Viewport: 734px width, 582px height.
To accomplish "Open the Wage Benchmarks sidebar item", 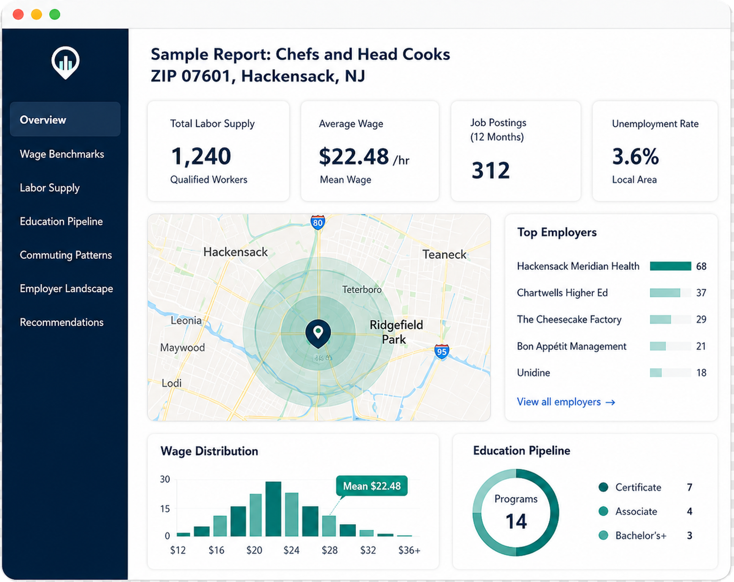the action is (62, 154).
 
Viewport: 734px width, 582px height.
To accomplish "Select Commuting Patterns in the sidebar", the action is (66, 255).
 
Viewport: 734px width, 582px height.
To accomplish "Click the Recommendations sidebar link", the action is (62, 322).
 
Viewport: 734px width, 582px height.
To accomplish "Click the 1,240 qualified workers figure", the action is (201, 156).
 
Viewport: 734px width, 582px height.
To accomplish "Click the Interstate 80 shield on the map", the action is (317, 222).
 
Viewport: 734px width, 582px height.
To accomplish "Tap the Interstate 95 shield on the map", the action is (442, 351).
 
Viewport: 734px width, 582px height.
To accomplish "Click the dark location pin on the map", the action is (318, 333).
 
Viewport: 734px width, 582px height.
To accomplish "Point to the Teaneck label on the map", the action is (445, 255).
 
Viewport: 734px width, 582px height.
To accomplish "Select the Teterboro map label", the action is (362, 289).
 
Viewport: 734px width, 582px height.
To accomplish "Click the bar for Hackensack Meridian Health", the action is (671, 266).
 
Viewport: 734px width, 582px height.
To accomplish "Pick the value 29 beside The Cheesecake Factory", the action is (701, 320).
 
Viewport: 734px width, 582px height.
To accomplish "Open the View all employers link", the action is (566, 402).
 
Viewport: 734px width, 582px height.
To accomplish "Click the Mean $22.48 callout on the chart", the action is (372, 486).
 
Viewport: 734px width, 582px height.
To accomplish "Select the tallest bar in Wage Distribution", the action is (273, 509).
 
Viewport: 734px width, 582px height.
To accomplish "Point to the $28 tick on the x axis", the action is (330, 550).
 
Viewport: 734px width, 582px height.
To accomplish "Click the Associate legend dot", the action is (603, 511).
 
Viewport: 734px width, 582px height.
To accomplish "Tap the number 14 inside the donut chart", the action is (516, 521).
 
